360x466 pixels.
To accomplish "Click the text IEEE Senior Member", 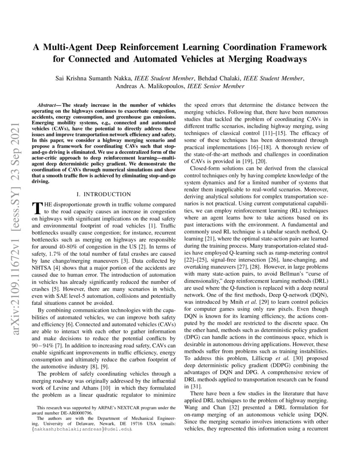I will tap(216, 86).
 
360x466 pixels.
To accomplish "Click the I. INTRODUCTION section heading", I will tap(103, 194).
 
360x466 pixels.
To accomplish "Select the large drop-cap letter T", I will tap(37, 208).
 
